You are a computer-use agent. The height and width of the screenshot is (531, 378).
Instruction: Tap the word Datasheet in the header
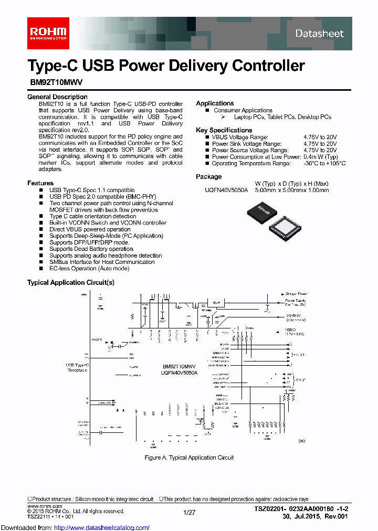pyautogui.click(x=319, y=34)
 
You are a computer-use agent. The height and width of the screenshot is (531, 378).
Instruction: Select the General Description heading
pyautogui.click(x=57, y=97)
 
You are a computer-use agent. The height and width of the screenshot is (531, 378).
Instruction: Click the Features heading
pyautogui.click(x=40, y=183)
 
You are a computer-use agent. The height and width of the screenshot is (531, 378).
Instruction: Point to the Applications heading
pyautogui.click(x=215, y=103)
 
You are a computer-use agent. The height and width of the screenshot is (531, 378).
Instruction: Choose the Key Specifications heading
pyautogui.click(x=224, y=130)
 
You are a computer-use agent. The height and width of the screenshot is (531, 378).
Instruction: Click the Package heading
pyautogui.click(x=209, y=177)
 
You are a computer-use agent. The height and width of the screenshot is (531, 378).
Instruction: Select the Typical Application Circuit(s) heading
pyautogui.click(x=70, y=283)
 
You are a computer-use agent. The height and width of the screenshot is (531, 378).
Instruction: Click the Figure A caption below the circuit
pyautogui.click(x=189, y=458)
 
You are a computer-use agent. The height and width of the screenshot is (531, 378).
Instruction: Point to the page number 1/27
pyautogui.click(x=189, y=511)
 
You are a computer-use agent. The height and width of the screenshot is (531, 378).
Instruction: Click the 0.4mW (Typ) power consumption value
pyautogui.click(x=320, y=157)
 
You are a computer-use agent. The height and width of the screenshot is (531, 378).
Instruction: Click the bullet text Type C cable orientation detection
pyautogui.click(x=93, y=216)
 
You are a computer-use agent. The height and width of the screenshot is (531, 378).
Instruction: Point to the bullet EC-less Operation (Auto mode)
pyautogui.click(x=89, y=269)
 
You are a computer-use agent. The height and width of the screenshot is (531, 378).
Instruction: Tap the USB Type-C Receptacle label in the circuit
pyautogui.click(x=77, y=367)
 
